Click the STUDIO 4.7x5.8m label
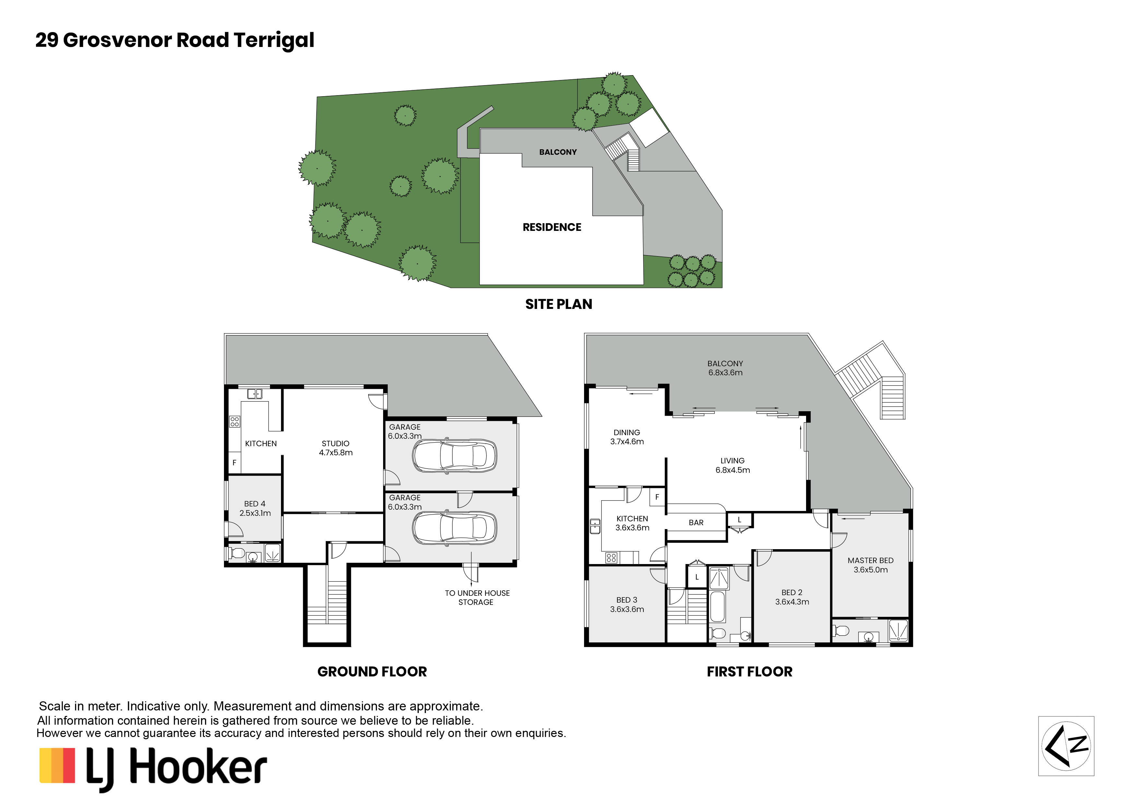coord(335,448)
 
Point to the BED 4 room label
coord(255,508)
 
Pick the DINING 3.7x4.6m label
coord(627,437)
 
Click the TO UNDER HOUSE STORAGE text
coord(476,597)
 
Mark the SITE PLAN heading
coord(558,304)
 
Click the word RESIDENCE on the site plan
coord(552,227)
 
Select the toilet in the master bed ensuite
coord(841,631)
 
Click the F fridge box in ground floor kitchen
coord(234,463)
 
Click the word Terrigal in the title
coord(274,40)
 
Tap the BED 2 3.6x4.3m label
coord(792,597)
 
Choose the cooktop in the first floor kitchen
coord(611,558)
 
